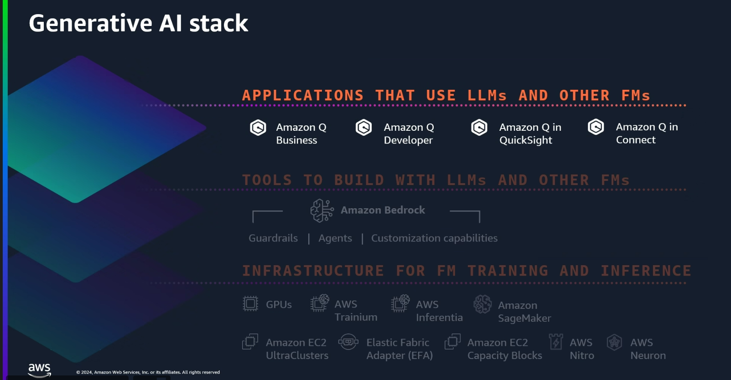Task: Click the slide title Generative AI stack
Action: tap(138, 23)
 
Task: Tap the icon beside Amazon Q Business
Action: tap(258, 128)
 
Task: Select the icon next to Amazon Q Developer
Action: tap(364, 128)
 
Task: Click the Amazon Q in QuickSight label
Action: tap(530, 134)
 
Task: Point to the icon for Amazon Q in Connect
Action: tap(596, 127)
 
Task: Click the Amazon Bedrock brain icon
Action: tap(321, 211)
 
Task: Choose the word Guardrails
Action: tap(273, 238)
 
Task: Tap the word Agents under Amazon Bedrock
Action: tap(335, 238)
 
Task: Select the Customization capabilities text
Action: tap(434, 238)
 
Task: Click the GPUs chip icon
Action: tap(250, 304)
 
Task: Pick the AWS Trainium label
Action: tap(356, 311)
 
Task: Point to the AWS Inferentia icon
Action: tap(400, 303)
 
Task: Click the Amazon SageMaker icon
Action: tap(482, 304)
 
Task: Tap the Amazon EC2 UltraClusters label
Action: tap(297, 349)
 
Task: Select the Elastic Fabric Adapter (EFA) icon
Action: tap(348, 342)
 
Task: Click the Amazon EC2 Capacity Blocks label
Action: tap(504, 349)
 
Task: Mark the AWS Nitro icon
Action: tap(556, 342)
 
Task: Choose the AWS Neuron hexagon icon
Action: tap(615, 342)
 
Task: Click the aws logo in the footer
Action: tap(40, 370)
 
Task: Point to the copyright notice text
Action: tap(148, 372)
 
